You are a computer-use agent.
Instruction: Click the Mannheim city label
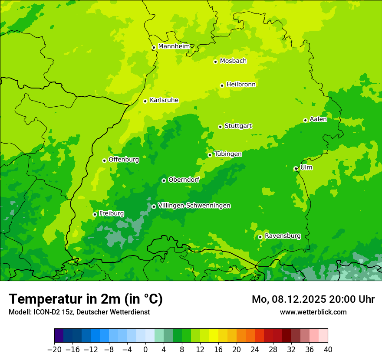pos(174,46)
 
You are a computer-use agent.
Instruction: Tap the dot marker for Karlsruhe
pos(145,101)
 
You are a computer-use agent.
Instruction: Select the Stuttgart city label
pos(238,126)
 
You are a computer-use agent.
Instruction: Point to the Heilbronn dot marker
pos(222,85)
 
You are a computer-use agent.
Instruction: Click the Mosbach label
pos(233,61)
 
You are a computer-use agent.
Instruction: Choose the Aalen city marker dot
pos(305,120)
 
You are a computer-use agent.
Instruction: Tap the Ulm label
pos(306,167)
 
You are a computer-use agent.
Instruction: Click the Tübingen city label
pos(228,154)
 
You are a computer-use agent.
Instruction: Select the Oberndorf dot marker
pos(164,180)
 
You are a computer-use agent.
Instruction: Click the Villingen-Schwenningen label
pos(194,206)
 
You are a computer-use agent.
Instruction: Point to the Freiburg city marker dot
pos(95,214)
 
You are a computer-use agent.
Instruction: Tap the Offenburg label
pos(124,160)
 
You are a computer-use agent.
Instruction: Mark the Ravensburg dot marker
pos(260,237)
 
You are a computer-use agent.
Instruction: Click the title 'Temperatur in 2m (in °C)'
pos(86,299)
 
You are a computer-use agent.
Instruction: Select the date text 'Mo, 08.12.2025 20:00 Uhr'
pos(313,299)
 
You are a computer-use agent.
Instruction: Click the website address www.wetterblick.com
pos(313,312)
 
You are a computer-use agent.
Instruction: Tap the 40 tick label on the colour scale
pos(328,349)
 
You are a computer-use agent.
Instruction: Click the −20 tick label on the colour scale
pos(54,349)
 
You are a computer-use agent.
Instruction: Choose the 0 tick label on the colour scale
pos(145,349)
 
